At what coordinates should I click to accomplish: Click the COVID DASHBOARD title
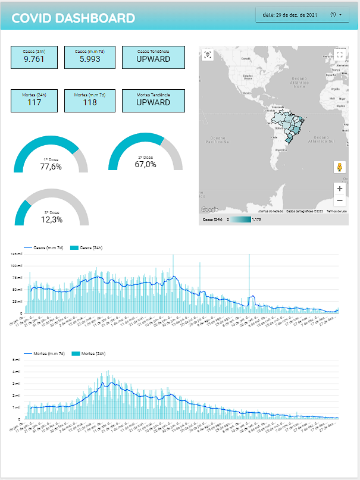tap(73, 18)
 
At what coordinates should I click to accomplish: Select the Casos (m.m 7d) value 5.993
tap(90, 59)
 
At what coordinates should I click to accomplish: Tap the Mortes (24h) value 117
tap(34, 102)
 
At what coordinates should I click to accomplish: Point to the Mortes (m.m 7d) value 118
tap(90, 102)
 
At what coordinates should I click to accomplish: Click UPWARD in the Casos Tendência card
tap(153, 59)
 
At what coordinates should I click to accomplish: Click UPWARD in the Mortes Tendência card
tap(153, 102)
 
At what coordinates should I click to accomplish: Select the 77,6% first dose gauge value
tap(51, 167)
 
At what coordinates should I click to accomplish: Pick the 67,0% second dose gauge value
tap(146, 164)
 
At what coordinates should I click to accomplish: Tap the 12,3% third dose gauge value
tap(51, 219)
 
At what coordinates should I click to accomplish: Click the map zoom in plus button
tap(339, 189)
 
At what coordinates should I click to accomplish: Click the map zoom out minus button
tap(339, 200)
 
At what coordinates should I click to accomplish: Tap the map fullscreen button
tap(340, 55)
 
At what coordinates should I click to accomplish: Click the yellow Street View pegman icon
tap(339, 167)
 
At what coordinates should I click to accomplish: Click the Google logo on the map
tap(209, 209)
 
